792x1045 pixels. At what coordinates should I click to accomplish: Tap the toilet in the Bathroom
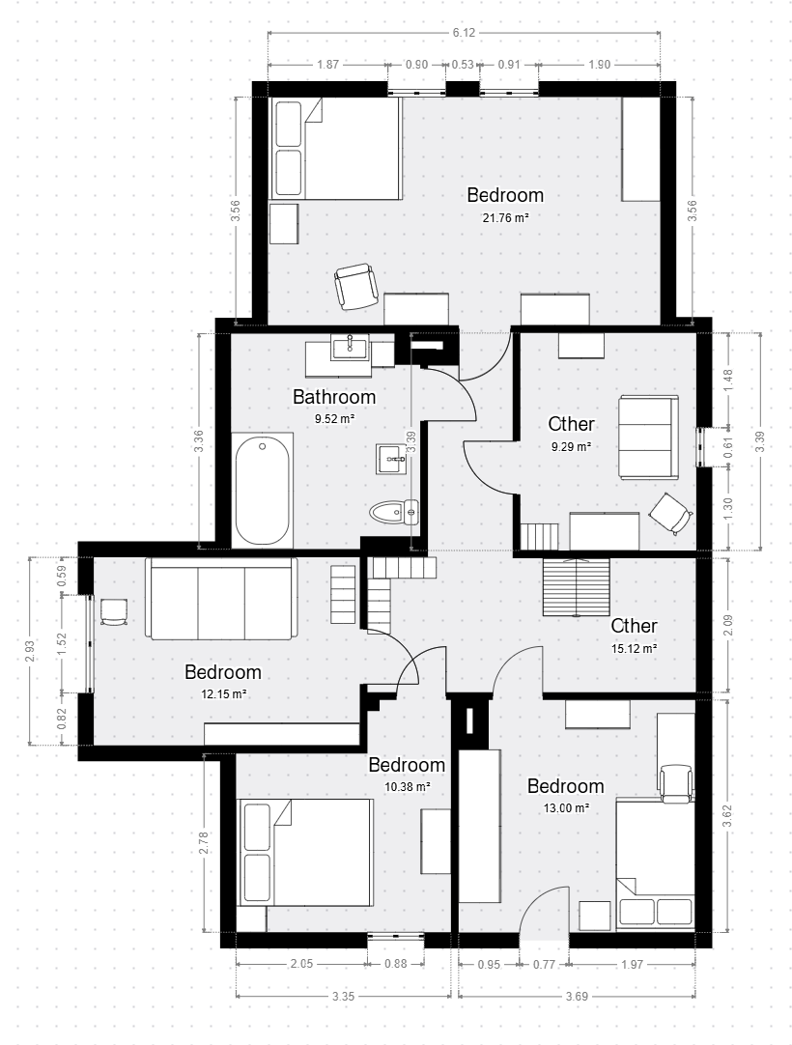[x=394, y=512]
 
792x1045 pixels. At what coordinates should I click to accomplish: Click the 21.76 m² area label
[x=506, y=217]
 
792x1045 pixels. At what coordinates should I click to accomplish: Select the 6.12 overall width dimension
[x=464, y=33]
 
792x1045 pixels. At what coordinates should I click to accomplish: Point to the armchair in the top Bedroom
[x=355, y=287]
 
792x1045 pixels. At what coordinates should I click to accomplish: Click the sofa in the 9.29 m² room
[x=648, y=437]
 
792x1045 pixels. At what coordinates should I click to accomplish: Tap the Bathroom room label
[x=334, y=397]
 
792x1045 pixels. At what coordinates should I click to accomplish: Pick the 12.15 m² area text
[x=224, y=693]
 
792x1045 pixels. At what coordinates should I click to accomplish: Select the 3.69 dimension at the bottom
[x=577, y=997]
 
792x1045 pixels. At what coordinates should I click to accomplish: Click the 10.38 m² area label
[x=408, y=786]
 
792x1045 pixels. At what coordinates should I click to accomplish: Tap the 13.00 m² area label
[x=566, y=807]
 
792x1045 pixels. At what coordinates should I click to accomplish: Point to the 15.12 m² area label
[x=634, y=648]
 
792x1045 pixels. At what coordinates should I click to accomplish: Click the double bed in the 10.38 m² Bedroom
[x=305, y=853]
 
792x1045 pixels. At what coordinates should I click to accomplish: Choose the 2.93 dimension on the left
[x=29, y=650]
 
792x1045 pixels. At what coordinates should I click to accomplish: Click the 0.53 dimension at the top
[x=463, y=65]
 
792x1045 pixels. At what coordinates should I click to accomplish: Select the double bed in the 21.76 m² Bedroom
[x=335, y=148]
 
